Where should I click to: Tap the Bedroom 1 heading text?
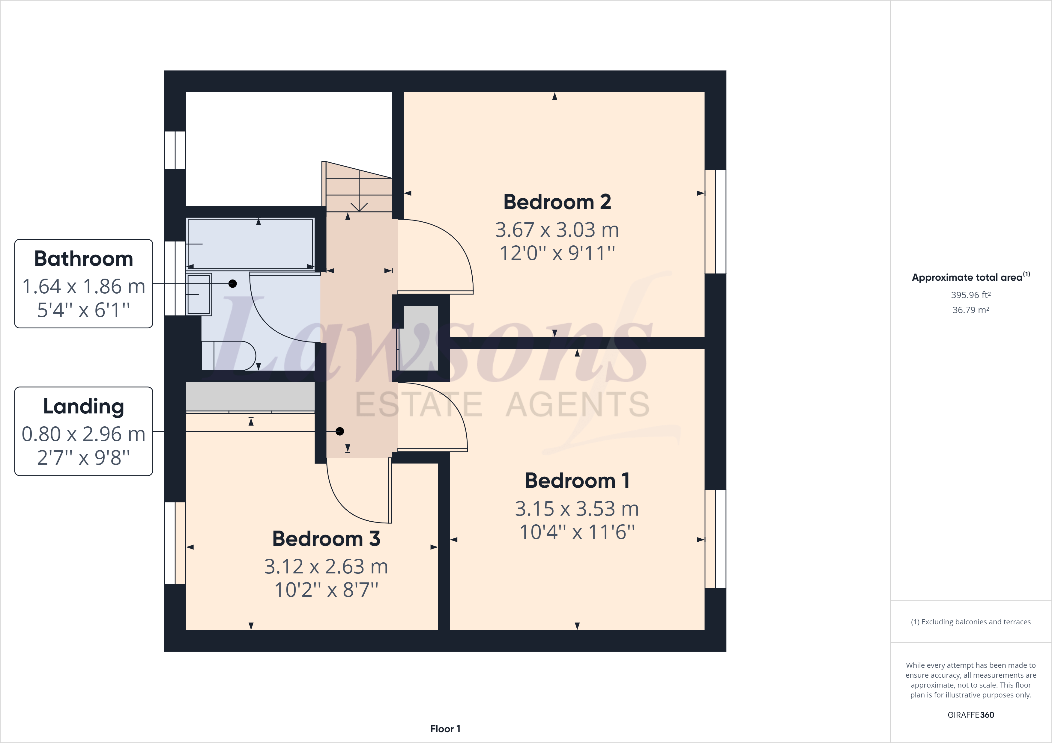coord(577,481)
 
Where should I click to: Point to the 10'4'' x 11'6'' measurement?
coord(577,532)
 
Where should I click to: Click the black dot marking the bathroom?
coord(233,284)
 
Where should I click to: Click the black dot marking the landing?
coord(339,431)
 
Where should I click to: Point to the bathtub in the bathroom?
coord(250,244)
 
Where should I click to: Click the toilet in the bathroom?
coord(232,355)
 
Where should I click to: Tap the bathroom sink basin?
coord(199,295)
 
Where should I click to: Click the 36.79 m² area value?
coord(970,310)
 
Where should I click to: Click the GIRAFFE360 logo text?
coord(970,715)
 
